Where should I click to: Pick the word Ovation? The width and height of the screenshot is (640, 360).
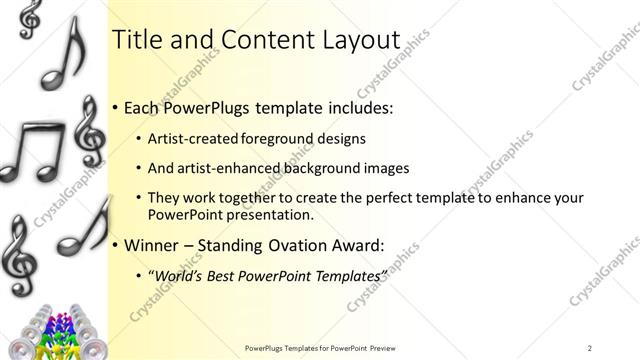[294, 243]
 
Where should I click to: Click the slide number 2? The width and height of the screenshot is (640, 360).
[590, 348]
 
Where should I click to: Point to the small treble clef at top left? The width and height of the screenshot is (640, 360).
[31, 15]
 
